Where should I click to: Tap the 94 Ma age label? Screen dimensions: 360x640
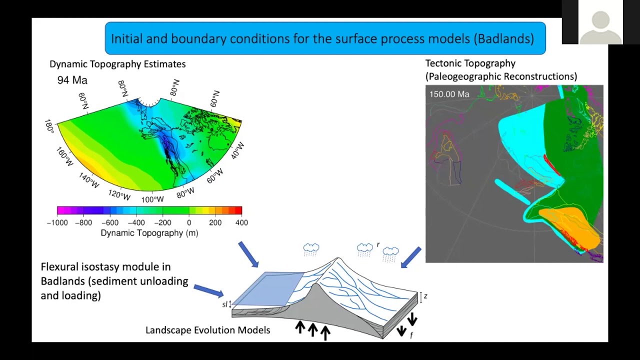coord(72,80)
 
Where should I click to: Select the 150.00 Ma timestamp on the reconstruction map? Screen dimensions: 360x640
coord(449,94)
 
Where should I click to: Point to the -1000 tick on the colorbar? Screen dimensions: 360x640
coord(57,222)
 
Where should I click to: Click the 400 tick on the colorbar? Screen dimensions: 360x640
coord(241,222)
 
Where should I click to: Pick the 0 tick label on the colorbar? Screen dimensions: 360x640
coord(189,222)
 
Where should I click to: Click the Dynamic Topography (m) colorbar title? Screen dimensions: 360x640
coord(149,233)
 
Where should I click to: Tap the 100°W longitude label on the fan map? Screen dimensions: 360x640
coord(152,199)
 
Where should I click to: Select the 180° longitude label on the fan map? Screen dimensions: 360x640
coord(49,125)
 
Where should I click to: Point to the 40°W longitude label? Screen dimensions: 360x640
coord(238,150)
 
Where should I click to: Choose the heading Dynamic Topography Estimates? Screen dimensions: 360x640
coord(117,64)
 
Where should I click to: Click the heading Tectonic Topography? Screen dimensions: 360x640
coord(470,63)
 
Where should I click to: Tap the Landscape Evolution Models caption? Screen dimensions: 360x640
coord(207,330)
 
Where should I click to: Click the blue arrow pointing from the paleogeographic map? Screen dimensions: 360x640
coord(411,257)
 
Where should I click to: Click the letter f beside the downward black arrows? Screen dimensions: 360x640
coord(411,335)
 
